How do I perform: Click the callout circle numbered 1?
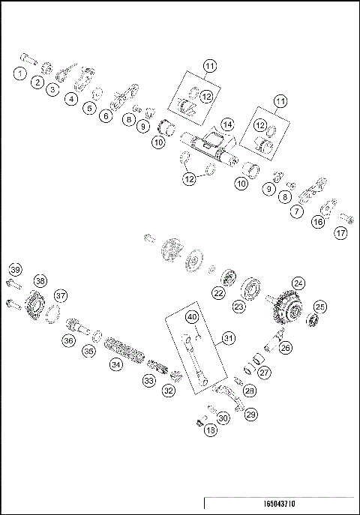[19, 73]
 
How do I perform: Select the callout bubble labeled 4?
[72, 98]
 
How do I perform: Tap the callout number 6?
[106, 115]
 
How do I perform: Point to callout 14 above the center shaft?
[227, 124]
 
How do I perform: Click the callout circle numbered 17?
[341, 232]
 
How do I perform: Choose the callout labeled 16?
[318, 223]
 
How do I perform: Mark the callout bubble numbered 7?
[297, 212]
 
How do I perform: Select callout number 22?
[217, 293]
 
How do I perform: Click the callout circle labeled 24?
[298, 283]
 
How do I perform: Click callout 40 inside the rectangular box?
[192, 317]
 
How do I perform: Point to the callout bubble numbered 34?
[115, 364]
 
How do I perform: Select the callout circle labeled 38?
[40, 281]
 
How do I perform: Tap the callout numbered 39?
[14, 270]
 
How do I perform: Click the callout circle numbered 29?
[251, 415]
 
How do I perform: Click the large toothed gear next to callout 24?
[284, 308]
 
